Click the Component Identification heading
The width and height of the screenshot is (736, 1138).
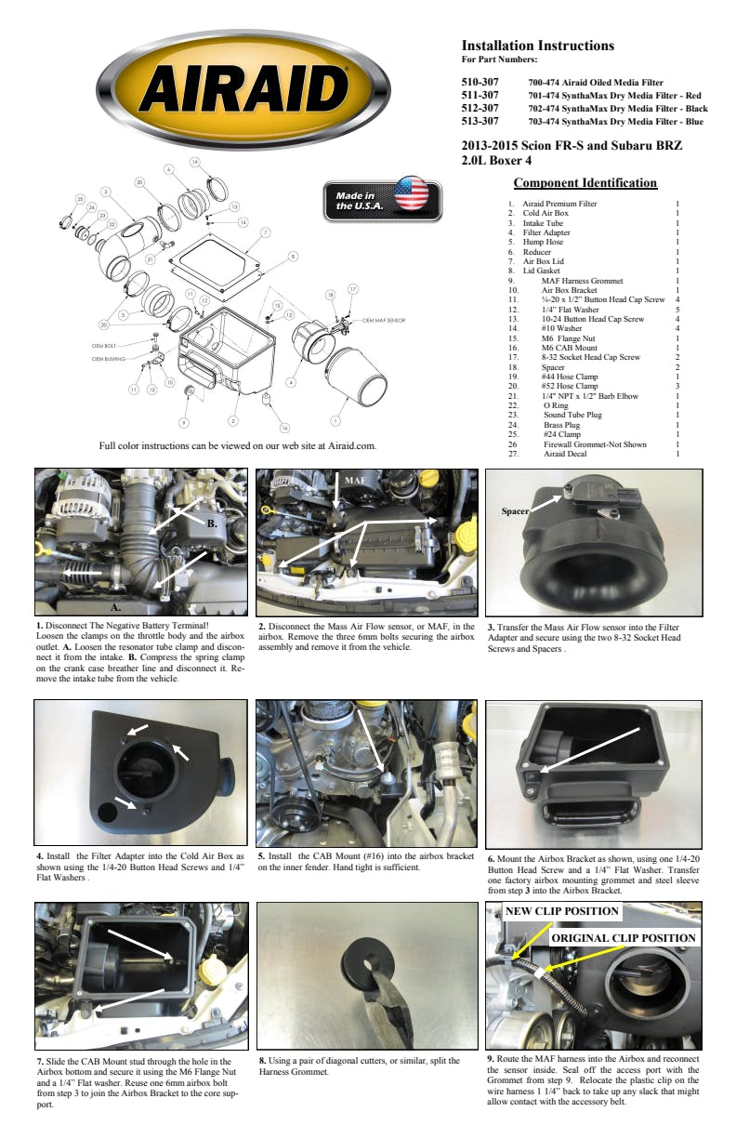coord(585,183)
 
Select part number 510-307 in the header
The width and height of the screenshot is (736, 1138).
coord(480,83)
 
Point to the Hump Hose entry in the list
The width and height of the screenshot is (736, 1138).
coord(543,242)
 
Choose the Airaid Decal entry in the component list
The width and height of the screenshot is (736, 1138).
coord(566,454)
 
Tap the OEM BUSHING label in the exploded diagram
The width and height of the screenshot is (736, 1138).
coord(109,358)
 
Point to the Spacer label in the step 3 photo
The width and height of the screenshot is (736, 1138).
coord(516,511)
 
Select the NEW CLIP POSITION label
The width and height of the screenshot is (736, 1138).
coord(561,911)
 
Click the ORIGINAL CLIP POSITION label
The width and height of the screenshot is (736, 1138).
coord(624,938)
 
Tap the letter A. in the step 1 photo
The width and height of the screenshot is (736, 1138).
coord(117,604)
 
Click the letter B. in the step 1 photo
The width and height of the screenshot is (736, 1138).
coord(212,523)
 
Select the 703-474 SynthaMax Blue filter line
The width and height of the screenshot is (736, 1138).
coord(615,122)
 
